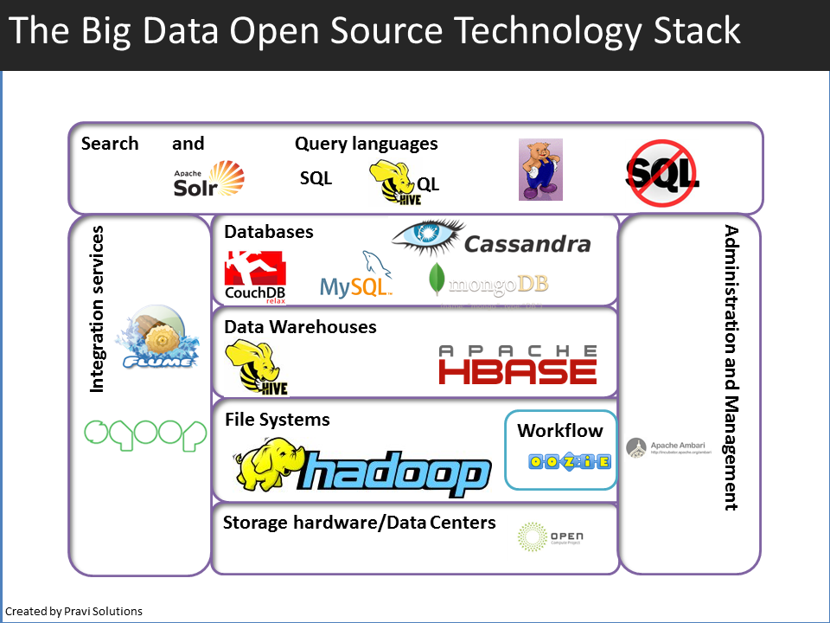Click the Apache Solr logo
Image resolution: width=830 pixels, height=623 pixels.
coord(209,179)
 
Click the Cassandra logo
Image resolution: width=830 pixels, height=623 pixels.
coord(491,241)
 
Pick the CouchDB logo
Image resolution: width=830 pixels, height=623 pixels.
coord(255,277)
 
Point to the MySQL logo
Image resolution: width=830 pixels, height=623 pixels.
coord(357,277)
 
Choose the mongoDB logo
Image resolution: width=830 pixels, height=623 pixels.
coord(488,282)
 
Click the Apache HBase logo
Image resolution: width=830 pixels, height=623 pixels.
coord(517,364)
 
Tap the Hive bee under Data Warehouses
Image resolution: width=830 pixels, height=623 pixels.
coord(255,368)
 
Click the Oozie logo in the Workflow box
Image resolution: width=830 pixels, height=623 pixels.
coord(560,462)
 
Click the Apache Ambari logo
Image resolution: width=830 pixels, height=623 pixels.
coord(666,447)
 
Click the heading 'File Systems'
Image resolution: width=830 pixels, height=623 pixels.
coord(277,420)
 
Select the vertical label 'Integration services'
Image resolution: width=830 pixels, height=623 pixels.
coord(97,309)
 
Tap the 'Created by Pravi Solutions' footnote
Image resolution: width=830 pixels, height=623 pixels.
coord(73,611)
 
